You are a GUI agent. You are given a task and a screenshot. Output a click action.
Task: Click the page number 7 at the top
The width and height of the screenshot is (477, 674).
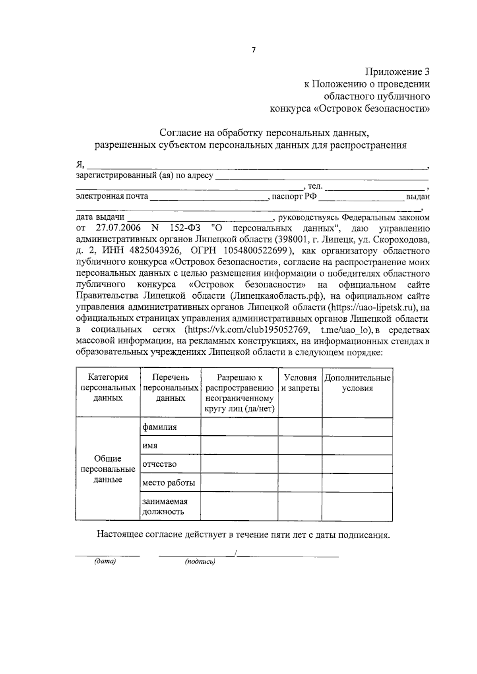[254, 50]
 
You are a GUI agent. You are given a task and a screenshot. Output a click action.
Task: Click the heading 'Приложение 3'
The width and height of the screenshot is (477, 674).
[397, 72]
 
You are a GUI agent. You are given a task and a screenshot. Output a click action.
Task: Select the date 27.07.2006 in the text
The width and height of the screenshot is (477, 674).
[118, 228]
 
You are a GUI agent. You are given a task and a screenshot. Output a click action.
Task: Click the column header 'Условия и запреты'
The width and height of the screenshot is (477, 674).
[300, 383]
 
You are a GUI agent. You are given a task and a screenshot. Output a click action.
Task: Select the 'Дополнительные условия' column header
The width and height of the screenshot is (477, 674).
[357, 383]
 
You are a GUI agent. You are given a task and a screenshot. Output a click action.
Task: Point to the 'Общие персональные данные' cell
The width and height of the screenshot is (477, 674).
[108, 469]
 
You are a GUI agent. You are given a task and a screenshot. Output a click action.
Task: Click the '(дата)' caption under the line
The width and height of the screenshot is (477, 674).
[105, 562]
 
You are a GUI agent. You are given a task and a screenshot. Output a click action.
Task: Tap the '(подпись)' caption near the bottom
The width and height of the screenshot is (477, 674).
[200, 562]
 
